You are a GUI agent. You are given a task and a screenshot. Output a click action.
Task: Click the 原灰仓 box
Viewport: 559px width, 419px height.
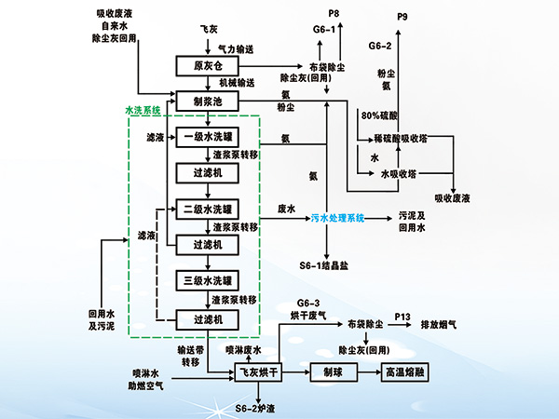pos(204,66)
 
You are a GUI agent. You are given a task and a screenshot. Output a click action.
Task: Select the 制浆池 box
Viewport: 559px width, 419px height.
pos(204,101)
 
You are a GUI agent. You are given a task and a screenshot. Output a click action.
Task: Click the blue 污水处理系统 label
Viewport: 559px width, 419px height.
pos(332,218)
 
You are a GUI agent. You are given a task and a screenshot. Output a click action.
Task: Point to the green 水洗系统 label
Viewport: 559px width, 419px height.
pos(143,111)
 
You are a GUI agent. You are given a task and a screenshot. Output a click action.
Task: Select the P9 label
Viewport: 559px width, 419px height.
pos(402,17)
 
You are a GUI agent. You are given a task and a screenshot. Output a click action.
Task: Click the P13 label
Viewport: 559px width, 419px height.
pos(402,318)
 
